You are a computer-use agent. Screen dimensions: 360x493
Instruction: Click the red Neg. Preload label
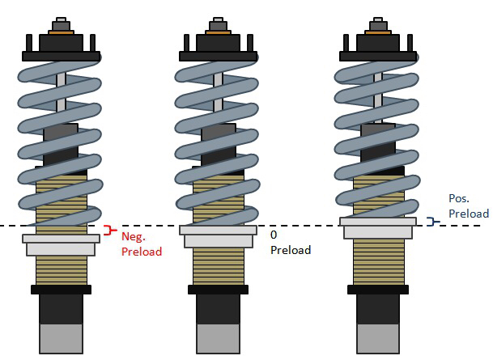[142, 244]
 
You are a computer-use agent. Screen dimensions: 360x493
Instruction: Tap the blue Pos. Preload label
[468, 205]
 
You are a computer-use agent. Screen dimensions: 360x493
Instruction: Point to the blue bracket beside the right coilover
[433, 221]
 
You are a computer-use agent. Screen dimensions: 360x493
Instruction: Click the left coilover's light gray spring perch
[62, 244]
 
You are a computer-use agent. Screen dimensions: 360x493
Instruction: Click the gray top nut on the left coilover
[62, 24]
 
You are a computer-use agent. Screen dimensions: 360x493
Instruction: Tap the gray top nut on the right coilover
[378, 24]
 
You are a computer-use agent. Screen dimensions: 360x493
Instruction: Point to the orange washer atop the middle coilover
[219, 33]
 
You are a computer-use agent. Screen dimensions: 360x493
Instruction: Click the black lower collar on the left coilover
[62, 289]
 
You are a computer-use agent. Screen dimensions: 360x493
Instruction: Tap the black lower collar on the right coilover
[378, 289]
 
